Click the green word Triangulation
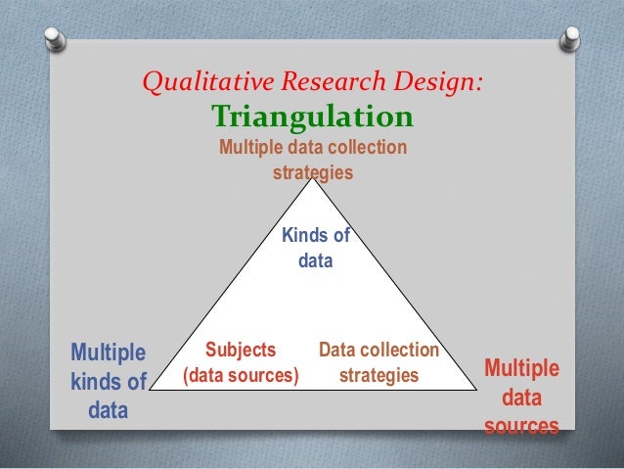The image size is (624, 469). pos(313,117)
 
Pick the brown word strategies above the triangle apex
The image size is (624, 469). pos(313,172)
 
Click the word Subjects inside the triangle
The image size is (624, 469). pos(241,350)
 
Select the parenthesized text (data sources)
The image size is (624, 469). pos(241,375)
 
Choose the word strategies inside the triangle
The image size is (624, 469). pos(379,375)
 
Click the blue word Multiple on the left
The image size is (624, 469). pos(108,351)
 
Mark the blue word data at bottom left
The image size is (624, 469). pos(108,411)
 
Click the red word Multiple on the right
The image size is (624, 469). pos(522,368)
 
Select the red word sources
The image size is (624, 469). pos(522,427)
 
